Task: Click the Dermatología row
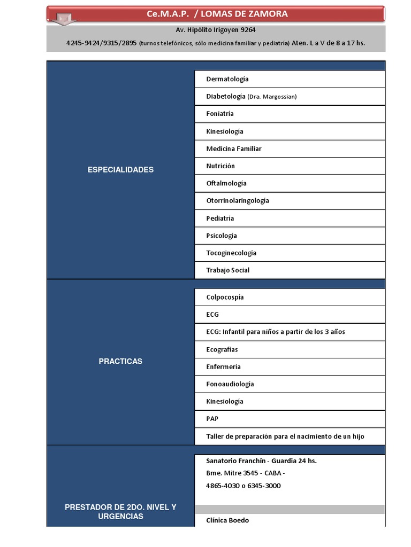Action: click(227, 79)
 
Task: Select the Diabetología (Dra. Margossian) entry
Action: click(251, 97)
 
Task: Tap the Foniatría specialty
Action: click(220, 114)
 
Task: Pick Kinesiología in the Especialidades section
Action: click(225, 131)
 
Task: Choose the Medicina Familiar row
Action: click(234, 149)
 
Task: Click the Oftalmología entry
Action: click(226, 183)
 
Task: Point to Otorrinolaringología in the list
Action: click(238, 201)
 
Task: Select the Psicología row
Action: click(222, 236)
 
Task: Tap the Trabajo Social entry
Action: click(228, 270)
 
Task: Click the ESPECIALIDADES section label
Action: click(120, 170)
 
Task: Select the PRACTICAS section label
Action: click(120, 362)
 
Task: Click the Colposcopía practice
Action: click(225, 298)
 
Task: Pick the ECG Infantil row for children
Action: click(276, 332)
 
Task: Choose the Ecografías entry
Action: click(222, 349)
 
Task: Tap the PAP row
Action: click(212, 419)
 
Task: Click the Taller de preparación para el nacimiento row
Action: click(285, 436)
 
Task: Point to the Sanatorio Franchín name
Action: click(235, 461)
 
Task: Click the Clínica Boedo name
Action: click(227, 520)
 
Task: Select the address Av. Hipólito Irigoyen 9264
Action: click(216, 30)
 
